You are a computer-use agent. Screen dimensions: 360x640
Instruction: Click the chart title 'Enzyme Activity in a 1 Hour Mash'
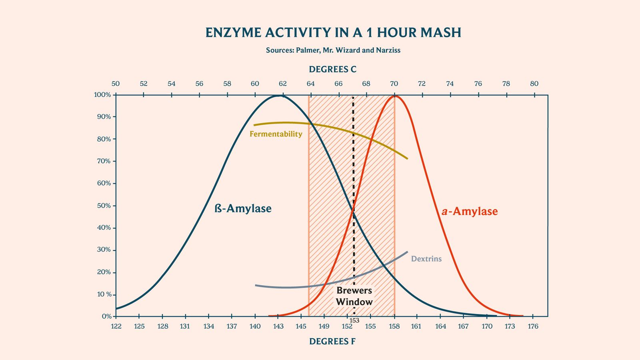(333, 32)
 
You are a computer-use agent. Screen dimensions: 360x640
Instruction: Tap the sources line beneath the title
(333, 50)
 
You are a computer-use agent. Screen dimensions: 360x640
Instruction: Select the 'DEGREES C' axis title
(332, 70)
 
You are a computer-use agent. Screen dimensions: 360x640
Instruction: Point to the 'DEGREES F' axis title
(332, 342)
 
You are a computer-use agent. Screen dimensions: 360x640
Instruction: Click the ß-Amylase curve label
(243, 208)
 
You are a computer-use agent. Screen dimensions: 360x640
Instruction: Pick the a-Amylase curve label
(470, 211)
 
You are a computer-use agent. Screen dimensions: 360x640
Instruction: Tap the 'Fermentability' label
(276, 134)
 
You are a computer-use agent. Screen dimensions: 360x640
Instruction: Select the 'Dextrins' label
(426, 259)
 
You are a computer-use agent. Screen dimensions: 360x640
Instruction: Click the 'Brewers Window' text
(354, 296)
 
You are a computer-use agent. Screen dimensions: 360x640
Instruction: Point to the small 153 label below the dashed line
(354, 320)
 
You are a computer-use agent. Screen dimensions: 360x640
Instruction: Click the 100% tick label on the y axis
(102, 95)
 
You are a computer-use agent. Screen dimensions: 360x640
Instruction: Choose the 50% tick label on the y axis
(104, 206)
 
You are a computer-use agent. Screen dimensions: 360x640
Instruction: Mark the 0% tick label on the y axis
(106, 316)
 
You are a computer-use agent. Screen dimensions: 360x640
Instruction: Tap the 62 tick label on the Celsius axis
(283, 84)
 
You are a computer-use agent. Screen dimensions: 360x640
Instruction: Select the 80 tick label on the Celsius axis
(534, 84)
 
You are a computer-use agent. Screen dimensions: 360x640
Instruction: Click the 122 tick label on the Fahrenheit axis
(116, 326)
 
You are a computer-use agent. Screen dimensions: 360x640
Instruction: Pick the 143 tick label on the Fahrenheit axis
(278, 326)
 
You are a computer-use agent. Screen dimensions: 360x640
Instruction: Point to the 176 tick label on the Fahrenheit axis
(533, 326)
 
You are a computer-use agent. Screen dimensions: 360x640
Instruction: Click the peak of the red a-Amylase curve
(395, 96)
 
